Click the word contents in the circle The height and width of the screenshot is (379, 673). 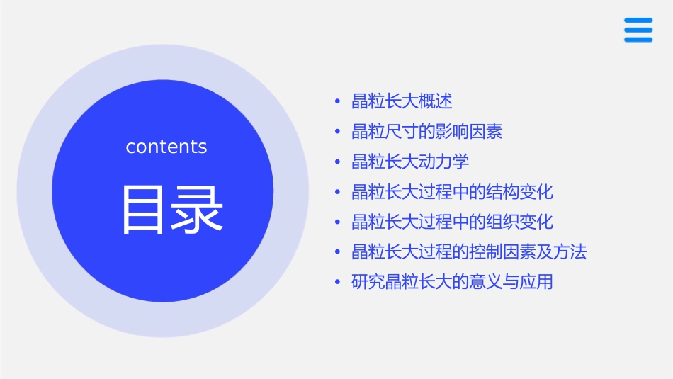pos(166,147)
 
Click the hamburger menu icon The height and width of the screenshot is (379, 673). pos(638,30)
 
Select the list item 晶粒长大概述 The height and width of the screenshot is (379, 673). pos(402,101)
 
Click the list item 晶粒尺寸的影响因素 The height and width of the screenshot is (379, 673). pos(426,132)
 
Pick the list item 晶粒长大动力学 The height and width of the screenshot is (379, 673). pos(410,162)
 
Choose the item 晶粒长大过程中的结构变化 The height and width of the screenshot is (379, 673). pos(452,192)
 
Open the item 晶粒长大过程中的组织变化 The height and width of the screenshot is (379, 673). pos(452,222)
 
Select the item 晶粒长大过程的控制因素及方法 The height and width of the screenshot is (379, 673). pos(469,252)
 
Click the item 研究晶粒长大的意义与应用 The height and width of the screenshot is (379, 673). pos(452,282)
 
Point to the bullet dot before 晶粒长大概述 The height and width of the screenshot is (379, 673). pos(338,102)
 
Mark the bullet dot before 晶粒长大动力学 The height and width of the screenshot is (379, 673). pos(338,162)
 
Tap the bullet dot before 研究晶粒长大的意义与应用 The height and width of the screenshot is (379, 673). pos(338,283)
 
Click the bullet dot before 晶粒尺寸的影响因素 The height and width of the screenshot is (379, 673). pos(338,132)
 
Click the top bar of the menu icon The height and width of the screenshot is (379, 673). pos(638,21)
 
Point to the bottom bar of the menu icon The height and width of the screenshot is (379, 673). pos(638,40)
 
